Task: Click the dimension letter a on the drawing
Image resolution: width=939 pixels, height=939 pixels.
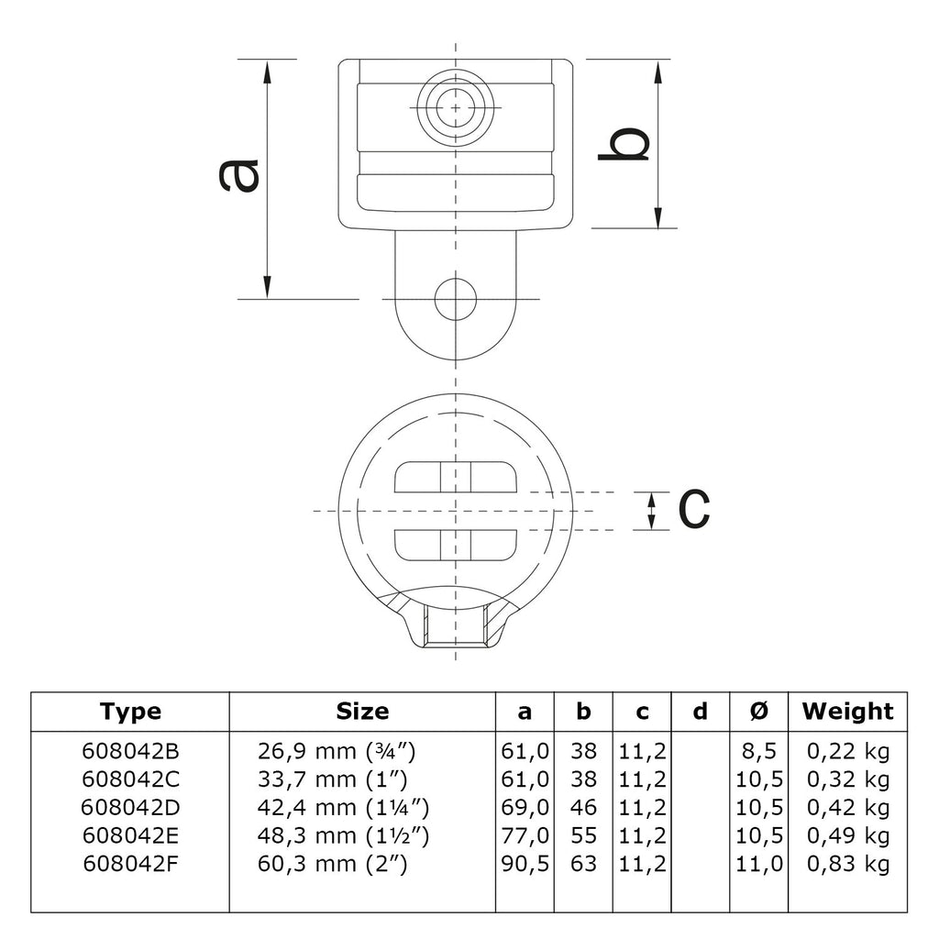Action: coord(239,175)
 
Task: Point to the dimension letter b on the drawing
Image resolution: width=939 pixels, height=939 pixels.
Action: coord(624,144)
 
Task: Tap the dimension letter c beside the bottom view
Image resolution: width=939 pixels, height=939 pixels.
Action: coord(694,510)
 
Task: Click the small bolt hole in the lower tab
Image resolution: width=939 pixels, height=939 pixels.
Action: coord(456,299)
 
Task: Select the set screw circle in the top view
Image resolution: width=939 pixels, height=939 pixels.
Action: coord(456,108)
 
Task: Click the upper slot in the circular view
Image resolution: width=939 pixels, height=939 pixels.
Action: coord(456,477)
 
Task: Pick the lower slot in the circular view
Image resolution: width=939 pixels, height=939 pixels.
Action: coord(456,545)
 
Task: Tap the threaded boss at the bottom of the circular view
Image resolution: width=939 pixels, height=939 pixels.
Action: coord(456,625)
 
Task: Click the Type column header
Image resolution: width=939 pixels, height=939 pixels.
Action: coord(130,712)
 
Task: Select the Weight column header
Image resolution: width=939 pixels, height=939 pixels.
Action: coord(847,711)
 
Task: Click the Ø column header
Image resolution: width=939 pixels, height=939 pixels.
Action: coord(758,711)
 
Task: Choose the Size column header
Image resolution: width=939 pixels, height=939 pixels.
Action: coord(362,711)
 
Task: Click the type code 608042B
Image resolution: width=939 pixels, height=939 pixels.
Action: coord(130,751)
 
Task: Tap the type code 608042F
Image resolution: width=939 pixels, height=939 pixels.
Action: coord(130,864)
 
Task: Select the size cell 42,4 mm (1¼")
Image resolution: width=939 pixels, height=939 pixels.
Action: coord(343,807)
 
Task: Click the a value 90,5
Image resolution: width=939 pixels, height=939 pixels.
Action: coord(525,864)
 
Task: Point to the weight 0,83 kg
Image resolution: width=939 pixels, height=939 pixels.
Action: coord(848,864)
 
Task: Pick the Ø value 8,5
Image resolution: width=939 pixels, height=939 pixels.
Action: coord(758,752)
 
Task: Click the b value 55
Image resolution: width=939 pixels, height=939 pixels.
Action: coord(583,835)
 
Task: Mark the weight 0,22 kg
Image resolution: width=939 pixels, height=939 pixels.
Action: coord(848,752)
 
